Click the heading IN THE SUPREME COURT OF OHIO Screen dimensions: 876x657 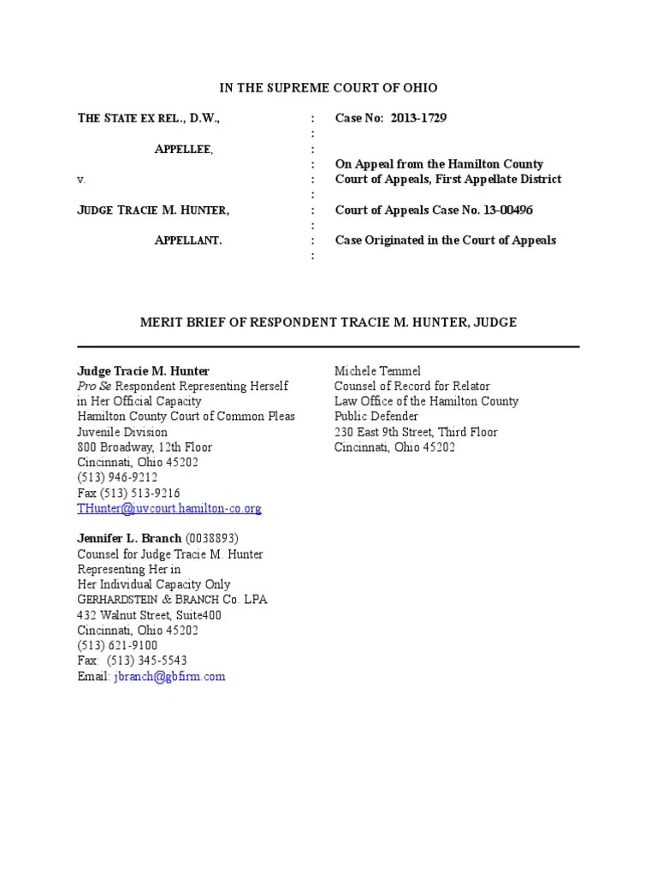click(328, 87)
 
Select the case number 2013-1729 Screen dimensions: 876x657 click(418, 118)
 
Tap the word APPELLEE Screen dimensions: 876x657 click(183, 149)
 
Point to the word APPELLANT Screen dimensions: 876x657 click(187, 240)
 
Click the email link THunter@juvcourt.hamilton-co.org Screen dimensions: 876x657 click(169, 508)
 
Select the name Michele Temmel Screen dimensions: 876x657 click(377, 370)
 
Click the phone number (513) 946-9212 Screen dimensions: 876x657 click(117, 477)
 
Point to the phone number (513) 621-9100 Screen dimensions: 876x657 click(117, 645)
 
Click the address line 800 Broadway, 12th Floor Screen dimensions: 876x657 click(145, 447)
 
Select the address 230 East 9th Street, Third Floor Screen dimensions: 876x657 click(416, 432)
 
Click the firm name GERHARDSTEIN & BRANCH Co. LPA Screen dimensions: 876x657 click(172, 600)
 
